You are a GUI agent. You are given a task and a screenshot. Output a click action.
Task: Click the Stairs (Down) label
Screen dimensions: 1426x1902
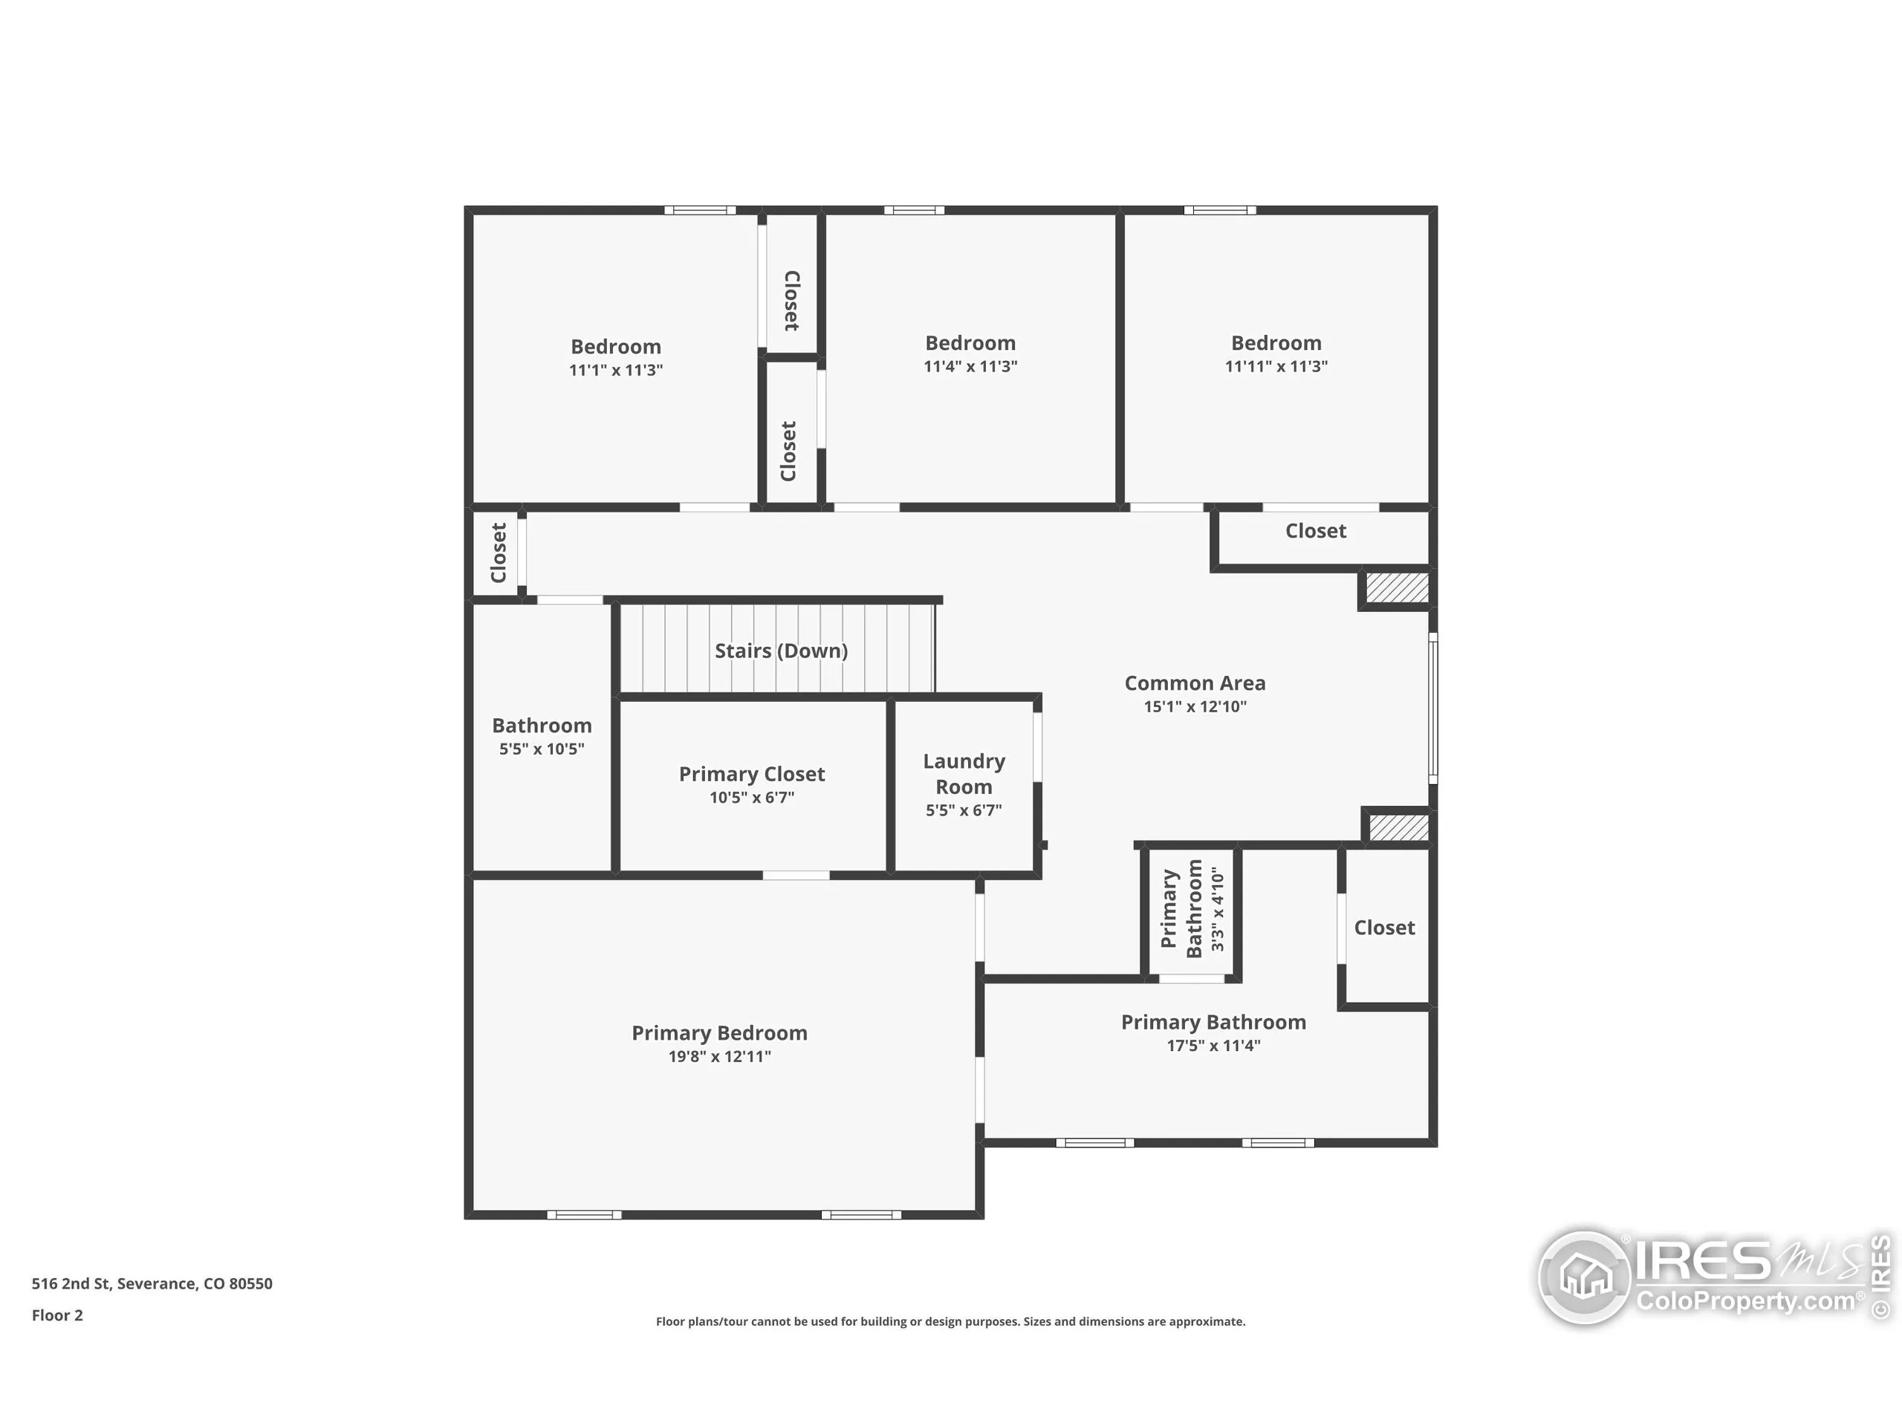[781, 651]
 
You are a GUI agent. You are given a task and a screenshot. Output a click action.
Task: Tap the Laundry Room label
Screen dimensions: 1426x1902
[963, 774]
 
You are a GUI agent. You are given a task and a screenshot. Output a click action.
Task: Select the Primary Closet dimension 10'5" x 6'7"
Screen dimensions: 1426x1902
[752, 798]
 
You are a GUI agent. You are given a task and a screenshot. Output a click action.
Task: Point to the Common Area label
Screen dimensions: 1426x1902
[1195, 683]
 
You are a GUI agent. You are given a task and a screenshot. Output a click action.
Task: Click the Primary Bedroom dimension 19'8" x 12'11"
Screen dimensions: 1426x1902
[720, 1056]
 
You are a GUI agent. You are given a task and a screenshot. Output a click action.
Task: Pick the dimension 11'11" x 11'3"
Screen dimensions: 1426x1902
[1276, 366]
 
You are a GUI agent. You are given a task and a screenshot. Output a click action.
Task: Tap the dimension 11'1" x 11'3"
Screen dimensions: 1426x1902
[616, 371]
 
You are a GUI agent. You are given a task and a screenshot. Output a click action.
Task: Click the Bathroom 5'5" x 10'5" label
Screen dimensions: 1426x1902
[542, 736]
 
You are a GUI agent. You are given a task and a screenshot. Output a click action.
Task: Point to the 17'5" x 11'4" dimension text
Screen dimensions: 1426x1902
[1213, 1046]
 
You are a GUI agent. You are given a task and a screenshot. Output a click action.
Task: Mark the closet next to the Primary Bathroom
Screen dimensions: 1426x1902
[1383, 928]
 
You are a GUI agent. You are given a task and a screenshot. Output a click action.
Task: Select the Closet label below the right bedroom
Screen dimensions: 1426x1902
[1316, 531]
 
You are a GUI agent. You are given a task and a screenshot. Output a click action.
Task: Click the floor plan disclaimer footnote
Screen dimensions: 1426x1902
[950, 1322]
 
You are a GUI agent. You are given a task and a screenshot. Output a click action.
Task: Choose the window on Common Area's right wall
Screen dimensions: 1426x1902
[1432, 709]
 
